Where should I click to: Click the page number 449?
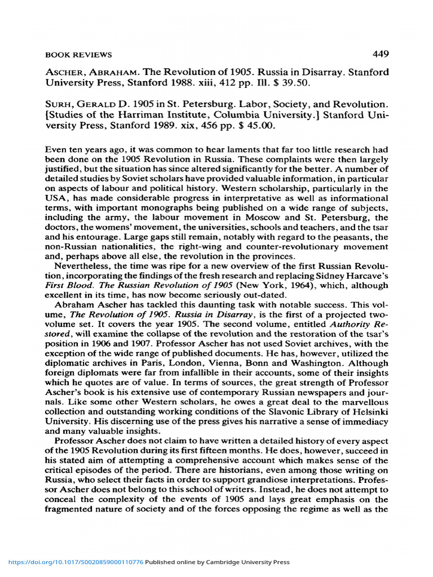[x=381, y=54]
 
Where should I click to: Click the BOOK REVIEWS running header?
[x=78, y=55]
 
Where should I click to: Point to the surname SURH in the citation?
[x=59, y=104]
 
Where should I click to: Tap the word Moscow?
[x=278, y=218]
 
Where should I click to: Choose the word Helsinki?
[x=369, y=410]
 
